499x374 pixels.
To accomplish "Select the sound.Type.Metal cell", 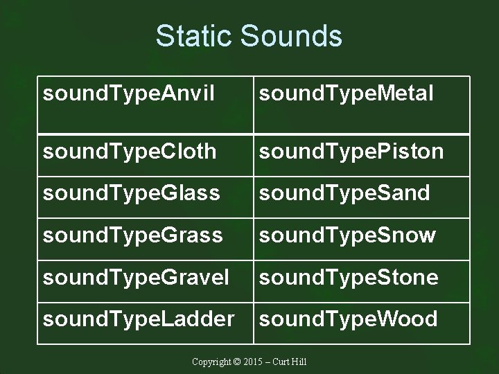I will pyautogui.click(x=347, y=93).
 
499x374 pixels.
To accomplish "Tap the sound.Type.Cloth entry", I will pyautogui.click(x=130, y=152).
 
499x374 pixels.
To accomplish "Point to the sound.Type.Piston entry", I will pyautogui.click(x=351, y=152).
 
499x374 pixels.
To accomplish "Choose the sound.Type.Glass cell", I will pyautogui.click(x=132, y=194).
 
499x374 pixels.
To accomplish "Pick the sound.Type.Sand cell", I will pyautogui.click(x=344, y=194).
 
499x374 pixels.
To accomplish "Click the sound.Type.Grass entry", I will pyautogui.click(x=132, y=235).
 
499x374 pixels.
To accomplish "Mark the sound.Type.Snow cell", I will pyautogui.click(x=347, y=235).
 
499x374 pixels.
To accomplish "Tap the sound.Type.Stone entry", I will pyautogui.click(x=349, y=277).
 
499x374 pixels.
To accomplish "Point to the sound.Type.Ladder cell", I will pyautogui.click(x=139, y=319).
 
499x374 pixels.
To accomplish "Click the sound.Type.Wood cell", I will pyautogui.click(x=348, y=319).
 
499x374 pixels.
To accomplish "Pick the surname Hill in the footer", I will pyautogui.click(x=299, y=362).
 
